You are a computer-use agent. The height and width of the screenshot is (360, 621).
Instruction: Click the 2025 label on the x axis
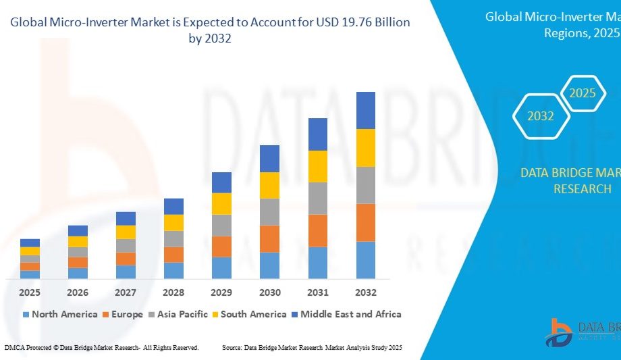[x=30, y=292]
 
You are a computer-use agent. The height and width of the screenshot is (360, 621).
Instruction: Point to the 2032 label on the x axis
[x=365, y=292]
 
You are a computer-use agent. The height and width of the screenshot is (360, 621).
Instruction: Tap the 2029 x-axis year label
[x=221, y=292]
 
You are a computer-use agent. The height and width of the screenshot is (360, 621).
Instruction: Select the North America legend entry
[x=59, y=314]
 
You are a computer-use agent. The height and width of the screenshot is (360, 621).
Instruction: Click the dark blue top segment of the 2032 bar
[x=366, y=110]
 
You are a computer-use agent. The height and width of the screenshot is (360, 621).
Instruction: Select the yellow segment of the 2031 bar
[x=318, y=166]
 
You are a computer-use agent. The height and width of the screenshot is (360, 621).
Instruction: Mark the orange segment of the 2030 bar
[x=269, y=238]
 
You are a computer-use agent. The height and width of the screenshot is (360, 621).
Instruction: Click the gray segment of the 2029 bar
[x=221, y=225]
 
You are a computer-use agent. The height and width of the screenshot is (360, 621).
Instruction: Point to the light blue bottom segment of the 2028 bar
[x=173, y=270]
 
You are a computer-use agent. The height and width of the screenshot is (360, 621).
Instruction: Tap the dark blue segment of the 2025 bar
[x=30, y=242]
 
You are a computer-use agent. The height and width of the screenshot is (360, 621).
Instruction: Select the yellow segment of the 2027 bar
[x=126, y=232]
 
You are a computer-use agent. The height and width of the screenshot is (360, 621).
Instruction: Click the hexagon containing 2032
[x=541, y=116]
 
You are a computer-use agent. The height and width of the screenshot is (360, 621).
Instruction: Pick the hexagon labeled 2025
[x=583, y=93]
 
